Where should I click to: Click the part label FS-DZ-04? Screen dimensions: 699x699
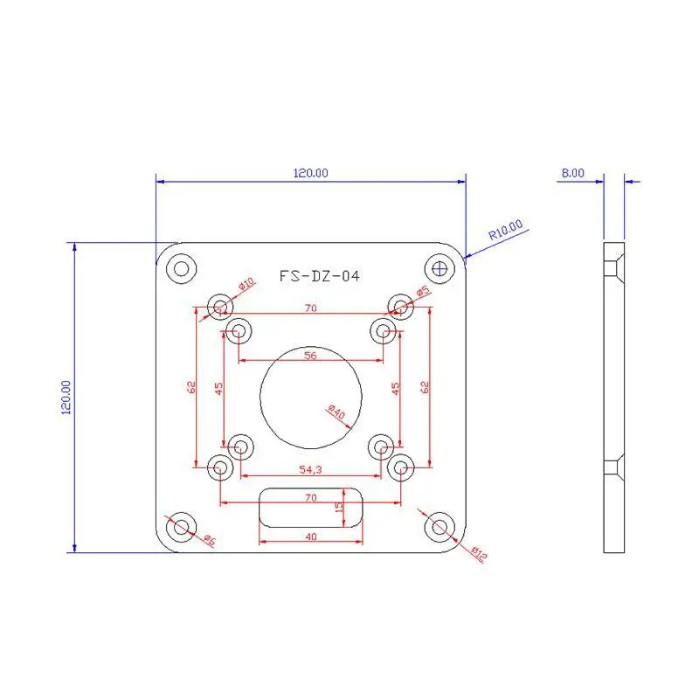[319, 276]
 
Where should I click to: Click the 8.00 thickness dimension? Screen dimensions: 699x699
[573, 173]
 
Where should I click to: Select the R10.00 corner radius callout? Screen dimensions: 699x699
[506, 230]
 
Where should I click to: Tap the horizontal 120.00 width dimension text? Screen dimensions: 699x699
[311, 173]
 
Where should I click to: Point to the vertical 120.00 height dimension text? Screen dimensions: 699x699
[66, 398]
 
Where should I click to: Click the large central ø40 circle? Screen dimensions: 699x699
[260, 398]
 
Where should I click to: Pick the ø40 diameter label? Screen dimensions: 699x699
[336, 412]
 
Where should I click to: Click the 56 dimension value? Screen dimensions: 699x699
[310, 356]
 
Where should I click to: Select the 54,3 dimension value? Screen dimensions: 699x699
[310, 469]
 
